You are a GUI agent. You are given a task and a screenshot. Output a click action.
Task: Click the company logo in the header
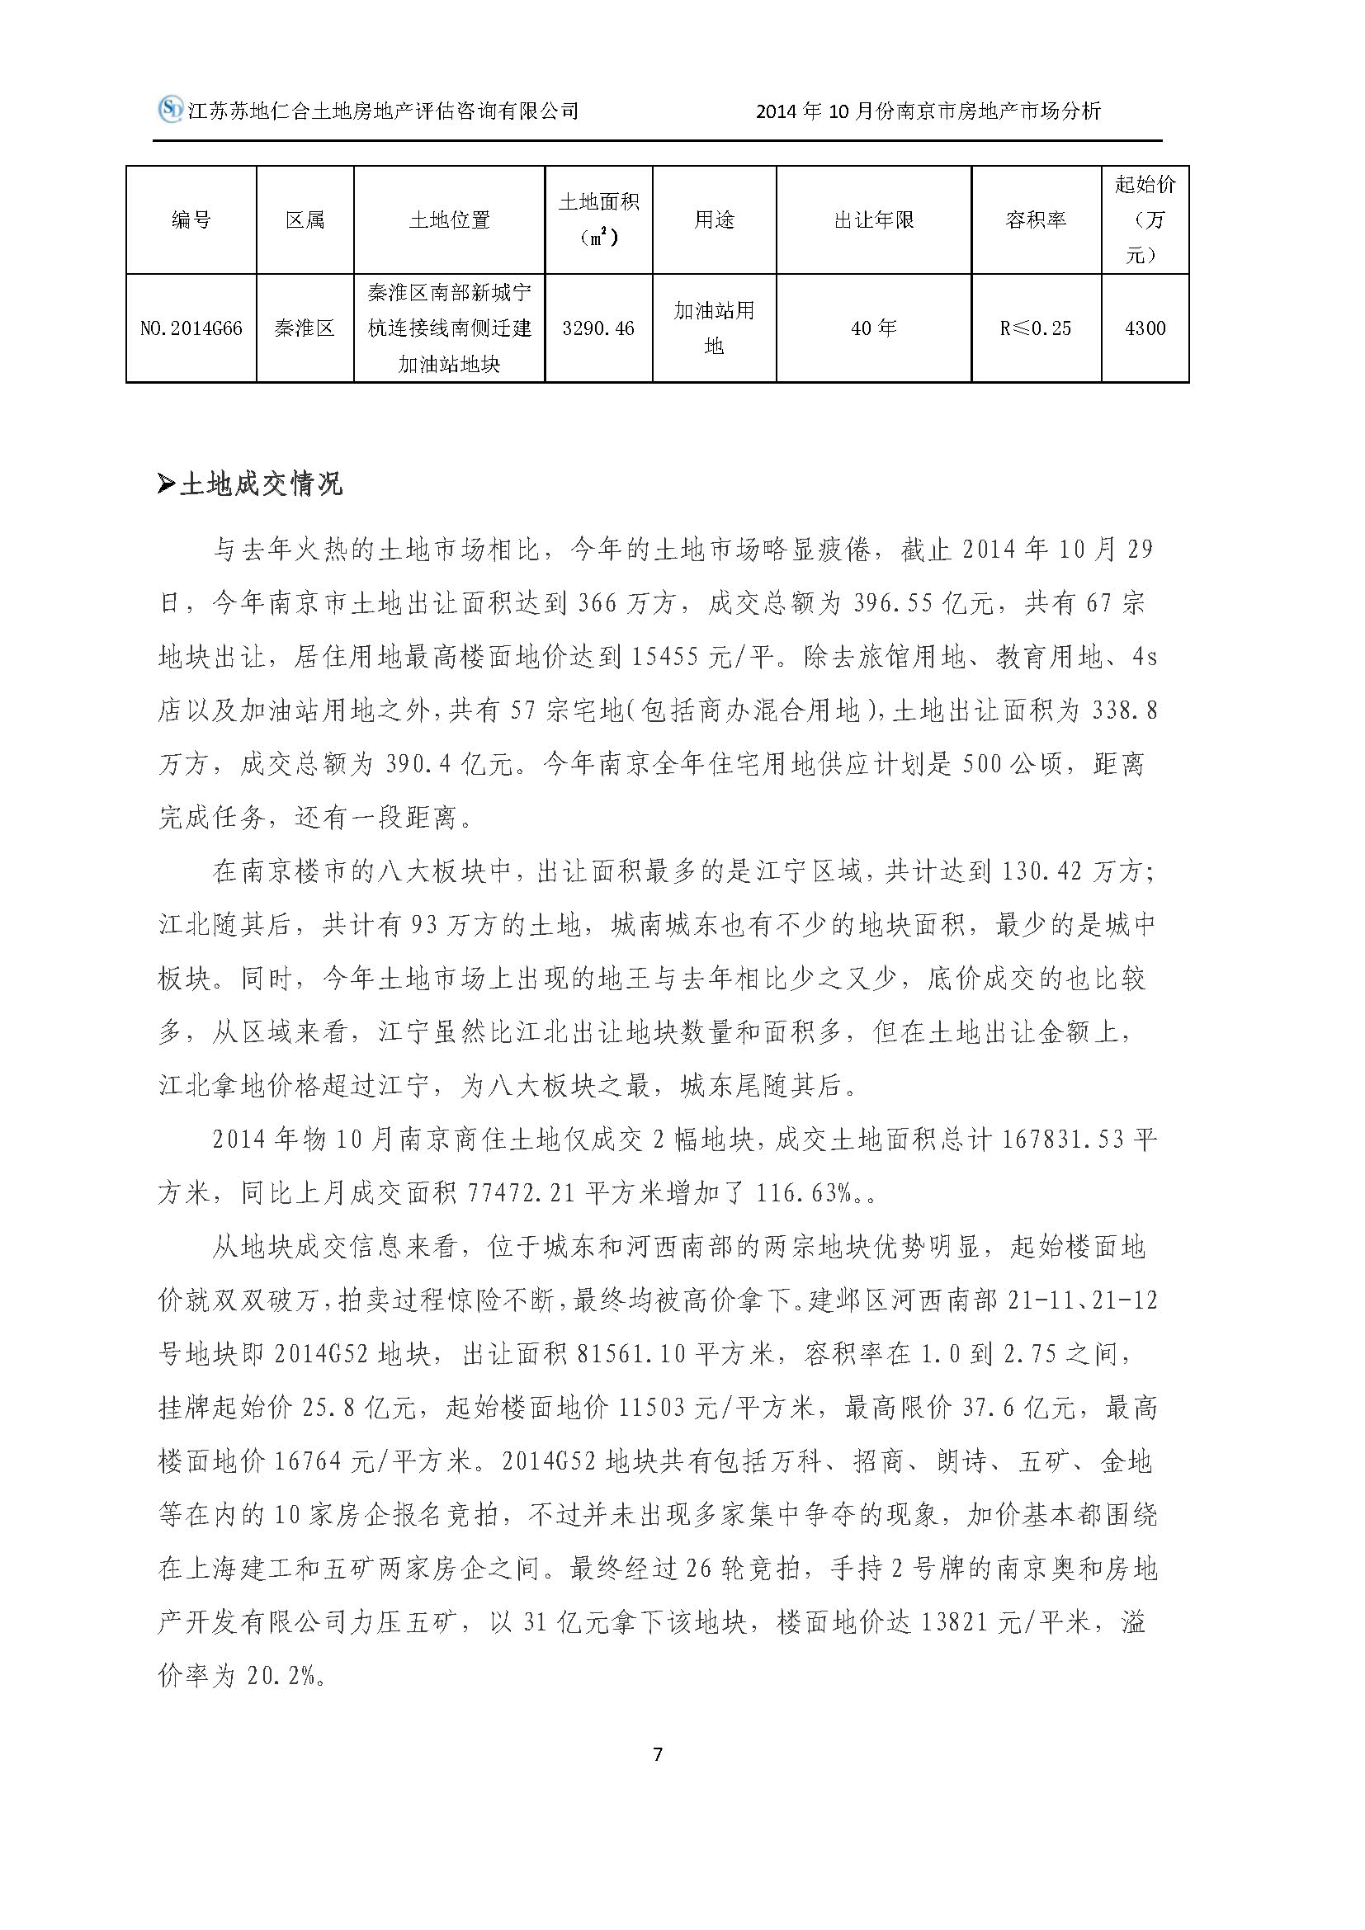(x=171, y=109)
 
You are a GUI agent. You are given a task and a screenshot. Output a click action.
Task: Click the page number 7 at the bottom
(x=657, y=1754)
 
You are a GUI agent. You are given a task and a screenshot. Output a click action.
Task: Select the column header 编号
(x=191, y=220)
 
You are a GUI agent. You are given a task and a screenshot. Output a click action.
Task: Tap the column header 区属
(x=305, y=220)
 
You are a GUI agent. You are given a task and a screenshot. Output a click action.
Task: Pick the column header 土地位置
(x=449, y=220)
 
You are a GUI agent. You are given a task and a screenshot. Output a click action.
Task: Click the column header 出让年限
(x=873, y=220)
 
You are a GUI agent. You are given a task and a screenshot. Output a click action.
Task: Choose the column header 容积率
(x=1036, y=220)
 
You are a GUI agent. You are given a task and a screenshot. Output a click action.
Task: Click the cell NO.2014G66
(x=191, y=328)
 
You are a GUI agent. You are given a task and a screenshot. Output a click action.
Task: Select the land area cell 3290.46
(x=598, y=328)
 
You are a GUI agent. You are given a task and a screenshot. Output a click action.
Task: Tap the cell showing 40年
(x=873, y=328)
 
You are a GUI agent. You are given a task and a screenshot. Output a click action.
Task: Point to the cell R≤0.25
(x=1036, y=328)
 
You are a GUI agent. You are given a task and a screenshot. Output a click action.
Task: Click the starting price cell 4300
(x=1145, y=328)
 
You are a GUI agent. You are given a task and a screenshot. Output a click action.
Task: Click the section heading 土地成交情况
(x=261, y=485)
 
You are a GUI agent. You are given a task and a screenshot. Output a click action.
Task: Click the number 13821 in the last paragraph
(x=958, y=1623)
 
